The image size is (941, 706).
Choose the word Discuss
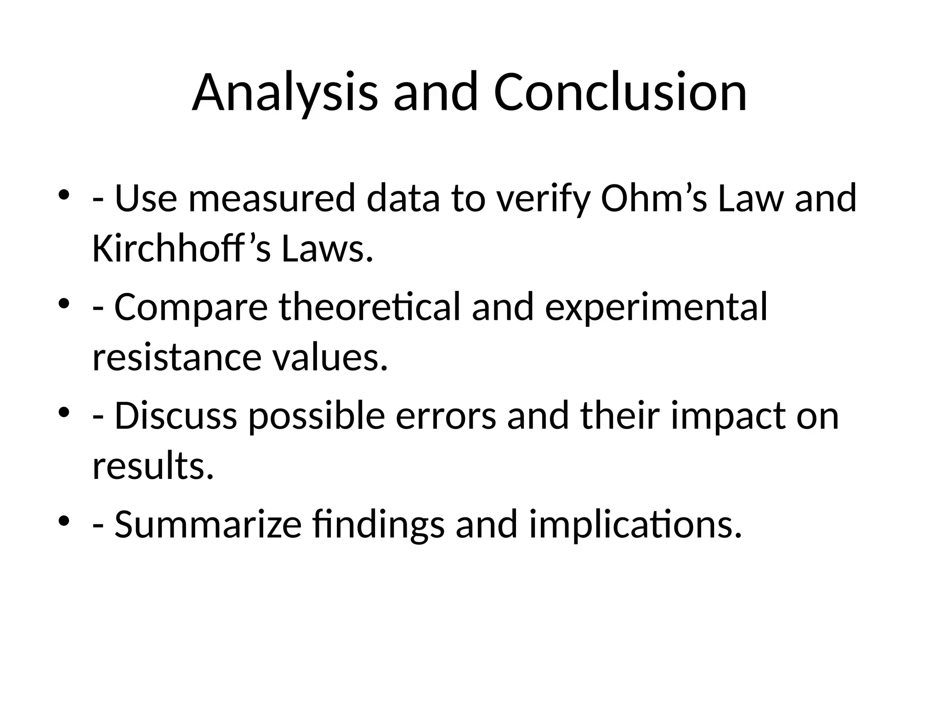176,416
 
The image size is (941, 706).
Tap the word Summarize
208,524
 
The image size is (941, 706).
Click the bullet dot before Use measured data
64,195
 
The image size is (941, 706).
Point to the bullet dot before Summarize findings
64,521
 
